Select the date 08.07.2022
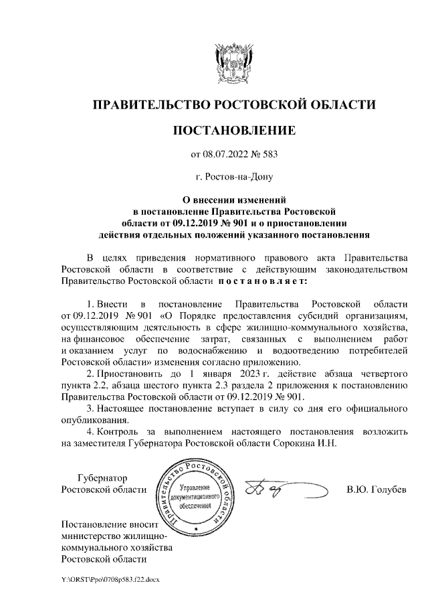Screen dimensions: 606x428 tap(225, 155)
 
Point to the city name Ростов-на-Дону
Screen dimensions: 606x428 tap(234, 178)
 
